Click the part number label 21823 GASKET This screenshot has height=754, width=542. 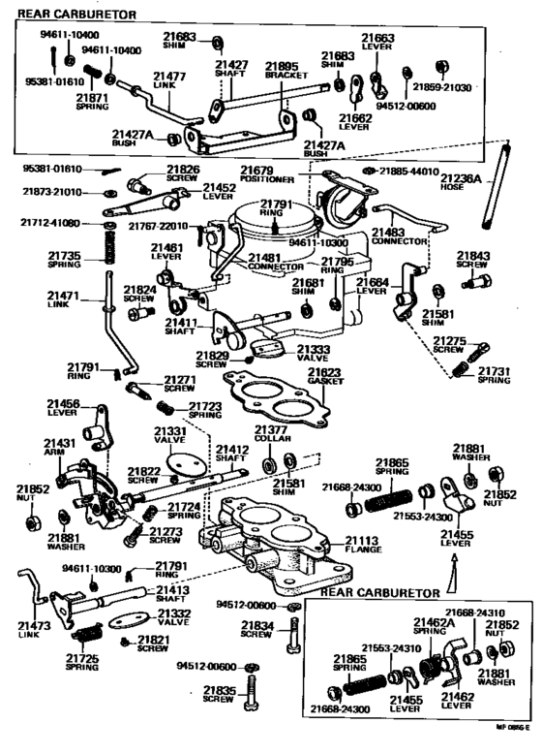pos(324,376)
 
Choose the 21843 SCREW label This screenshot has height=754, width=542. pos(474,261)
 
